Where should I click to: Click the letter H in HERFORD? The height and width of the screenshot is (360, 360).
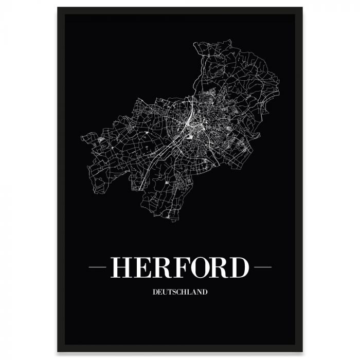[121, 267]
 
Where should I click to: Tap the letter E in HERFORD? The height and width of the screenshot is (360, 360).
[143, 267]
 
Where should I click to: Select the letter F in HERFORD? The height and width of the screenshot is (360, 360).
[184, 267]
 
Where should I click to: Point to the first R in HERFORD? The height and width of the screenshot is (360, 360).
[164, 267]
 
